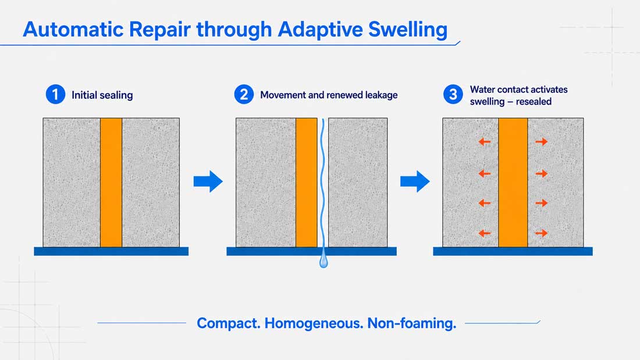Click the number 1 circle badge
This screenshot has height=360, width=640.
(55, 94)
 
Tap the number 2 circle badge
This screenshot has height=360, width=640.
(244, 94)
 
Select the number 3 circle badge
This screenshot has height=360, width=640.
(453, 94)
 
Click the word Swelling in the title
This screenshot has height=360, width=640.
(408, 30)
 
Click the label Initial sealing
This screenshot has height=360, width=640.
(102, 95)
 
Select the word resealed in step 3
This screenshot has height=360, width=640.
(534, 102)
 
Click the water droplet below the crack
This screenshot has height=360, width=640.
(323, 261)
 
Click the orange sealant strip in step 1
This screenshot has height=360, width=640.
(111, 183)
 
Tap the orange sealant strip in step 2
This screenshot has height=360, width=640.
(307, 183)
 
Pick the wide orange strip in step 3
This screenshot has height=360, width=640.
(513, 183)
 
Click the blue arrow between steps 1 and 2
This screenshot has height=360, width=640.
(208, 181)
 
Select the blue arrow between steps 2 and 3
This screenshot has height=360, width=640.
(415, 181)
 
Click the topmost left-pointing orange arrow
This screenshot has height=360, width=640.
(485, 142)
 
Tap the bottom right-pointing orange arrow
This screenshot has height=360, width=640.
(542, 233)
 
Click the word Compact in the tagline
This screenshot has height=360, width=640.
(229, 323)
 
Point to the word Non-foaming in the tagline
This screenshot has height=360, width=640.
(412, 323)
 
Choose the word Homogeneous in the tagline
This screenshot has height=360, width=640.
(314, 323)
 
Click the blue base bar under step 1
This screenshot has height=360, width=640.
(111, 251)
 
